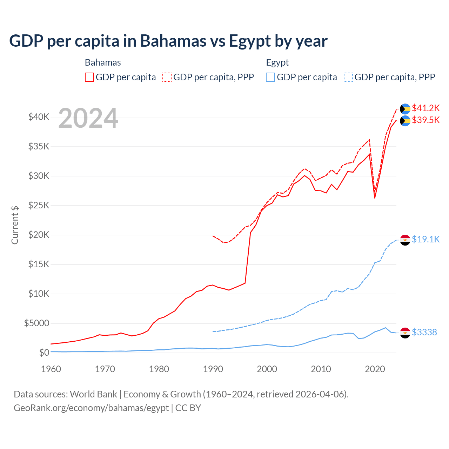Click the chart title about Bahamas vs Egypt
tap(168, 41)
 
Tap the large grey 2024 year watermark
tap(88, 118)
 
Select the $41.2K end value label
tap(425, 108)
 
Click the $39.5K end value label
tap(425, 120)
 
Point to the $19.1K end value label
tap(425, 239)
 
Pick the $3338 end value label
tap(424, 332)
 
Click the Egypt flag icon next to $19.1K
tap(405, 240)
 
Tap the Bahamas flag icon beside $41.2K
tap(405, 109)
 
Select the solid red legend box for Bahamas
tap(89, 77)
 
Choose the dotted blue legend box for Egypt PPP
tap(348, 77)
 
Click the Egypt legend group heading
tap(277, 62)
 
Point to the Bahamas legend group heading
tap(103, 62)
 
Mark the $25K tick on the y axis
tap(39, 205)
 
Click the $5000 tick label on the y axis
tap(36, 323)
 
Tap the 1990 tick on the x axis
tap(213, 369)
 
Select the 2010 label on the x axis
tap(321, 369)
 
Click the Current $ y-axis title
tap(15, 225)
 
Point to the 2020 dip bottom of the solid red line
tap(375, 198)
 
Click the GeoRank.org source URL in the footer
tap(91, 408)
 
